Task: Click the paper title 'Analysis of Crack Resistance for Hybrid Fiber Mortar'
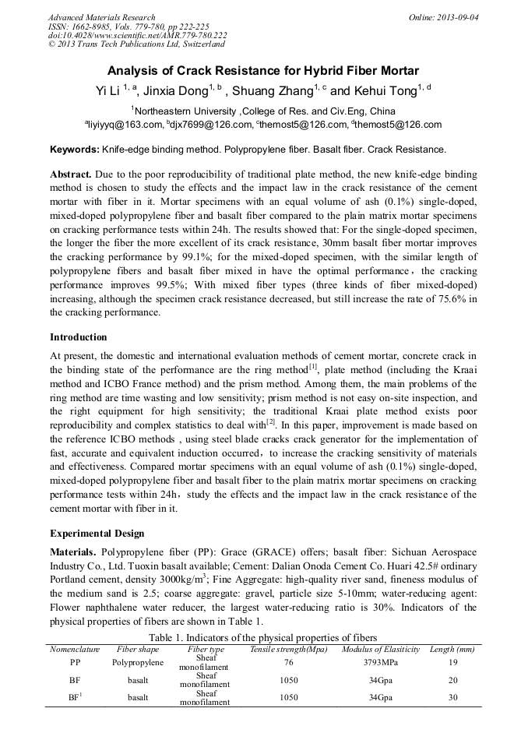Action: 263,69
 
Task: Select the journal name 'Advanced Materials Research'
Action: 101,17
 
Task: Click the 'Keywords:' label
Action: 74,149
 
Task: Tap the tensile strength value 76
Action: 289,663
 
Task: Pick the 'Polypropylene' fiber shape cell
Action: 138,663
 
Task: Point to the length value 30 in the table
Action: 452,697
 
